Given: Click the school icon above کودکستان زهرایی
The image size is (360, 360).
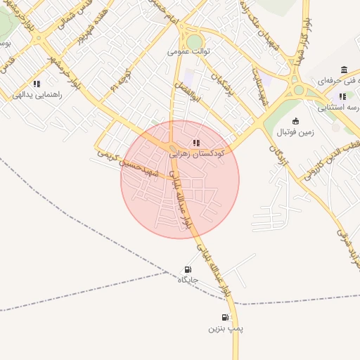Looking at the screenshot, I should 195,143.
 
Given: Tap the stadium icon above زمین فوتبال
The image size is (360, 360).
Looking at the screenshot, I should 295,120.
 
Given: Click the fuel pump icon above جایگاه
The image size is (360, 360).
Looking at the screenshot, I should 187,269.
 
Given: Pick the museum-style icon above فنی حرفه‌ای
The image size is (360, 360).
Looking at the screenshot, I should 342,70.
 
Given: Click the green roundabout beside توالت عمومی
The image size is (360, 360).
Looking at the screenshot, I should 194,42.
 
